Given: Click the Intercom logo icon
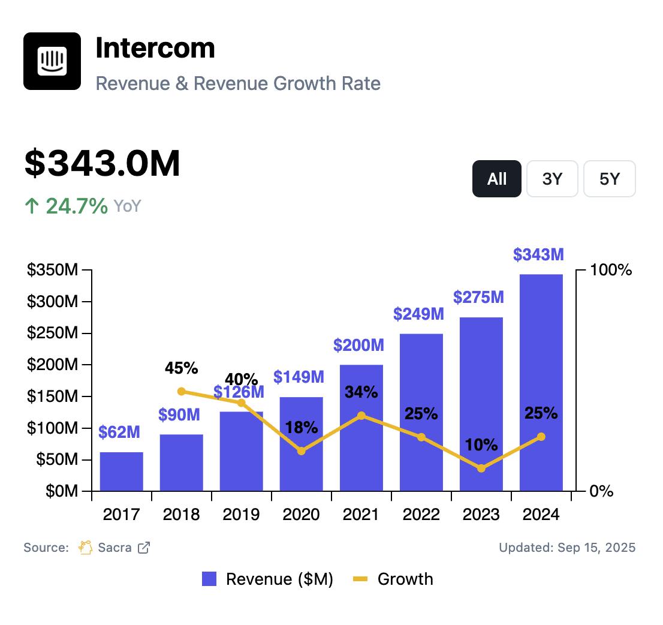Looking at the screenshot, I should coord(52,61).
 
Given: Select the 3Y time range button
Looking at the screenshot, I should coord(552,179).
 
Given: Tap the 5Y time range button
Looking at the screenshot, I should coord(609,179).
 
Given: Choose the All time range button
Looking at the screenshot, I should coord(497,179).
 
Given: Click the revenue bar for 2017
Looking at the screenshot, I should coord(121,471).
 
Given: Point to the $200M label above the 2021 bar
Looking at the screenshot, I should coord(358,345).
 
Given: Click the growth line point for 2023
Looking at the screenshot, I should coord(481,468).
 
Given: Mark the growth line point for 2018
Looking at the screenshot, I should coord(182,392).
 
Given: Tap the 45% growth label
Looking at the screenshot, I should coord(182,368).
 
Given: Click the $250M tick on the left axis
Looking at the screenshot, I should coord(52,333).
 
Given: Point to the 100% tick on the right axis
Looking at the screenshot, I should coord(611,271).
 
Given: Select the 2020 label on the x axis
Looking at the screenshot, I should coord(301,515).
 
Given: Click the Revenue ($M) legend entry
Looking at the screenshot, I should coord(267,579).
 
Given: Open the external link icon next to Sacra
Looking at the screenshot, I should coord(144,547).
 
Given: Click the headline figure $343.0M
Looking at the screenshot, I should coord(102,163).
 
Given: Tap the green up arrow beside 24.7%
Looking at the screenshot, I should coord(31,206).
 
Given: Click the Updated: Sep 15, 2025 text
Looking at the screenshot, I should coord(567,547).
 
